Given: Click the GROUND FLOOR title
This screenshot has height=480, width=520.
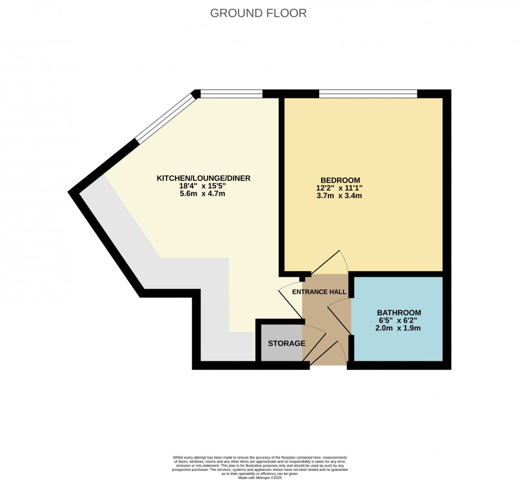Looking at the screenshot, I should pos(258,13).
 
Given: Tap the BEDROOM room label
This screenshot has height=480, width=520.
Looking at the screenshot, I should pos(340,180).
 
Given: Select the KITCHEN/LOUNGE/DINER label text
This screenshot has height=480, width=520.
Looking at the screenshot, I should pos(203,178).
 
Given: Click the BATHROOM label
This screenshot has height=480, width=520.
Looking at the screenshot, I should pos(399,312).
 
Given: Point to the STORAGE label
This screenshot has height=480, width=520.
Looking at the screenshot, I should pos(287,343).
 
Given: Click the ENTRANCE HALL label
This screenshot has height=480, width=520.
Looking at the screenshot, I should pos(319,292).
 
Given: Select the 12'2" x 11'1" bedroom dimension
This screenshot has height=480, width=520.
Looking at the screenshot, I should pos(340,188).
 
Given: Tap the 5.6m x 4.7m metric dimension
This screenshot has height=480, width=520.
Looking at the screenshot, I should pos(203,194).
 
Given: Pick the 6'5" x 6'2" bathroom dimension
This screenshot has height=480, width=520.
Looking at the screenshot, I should pos(399,320).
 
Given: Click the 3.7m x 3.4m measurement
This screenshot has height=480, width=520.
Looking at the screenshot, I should pos(340,195).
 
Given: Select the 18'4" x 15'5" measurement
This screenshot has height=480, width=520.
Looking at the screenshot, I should pos(203,186).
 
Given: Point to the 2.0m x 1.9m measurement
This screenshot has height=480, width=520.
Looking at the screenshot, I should pos(399,328).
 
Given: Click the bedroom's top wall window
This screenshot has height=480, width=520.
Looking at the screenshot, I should pos(368,94).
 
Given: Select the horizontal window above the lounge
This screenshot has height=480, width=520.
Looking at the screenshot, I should pos(232,94).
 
